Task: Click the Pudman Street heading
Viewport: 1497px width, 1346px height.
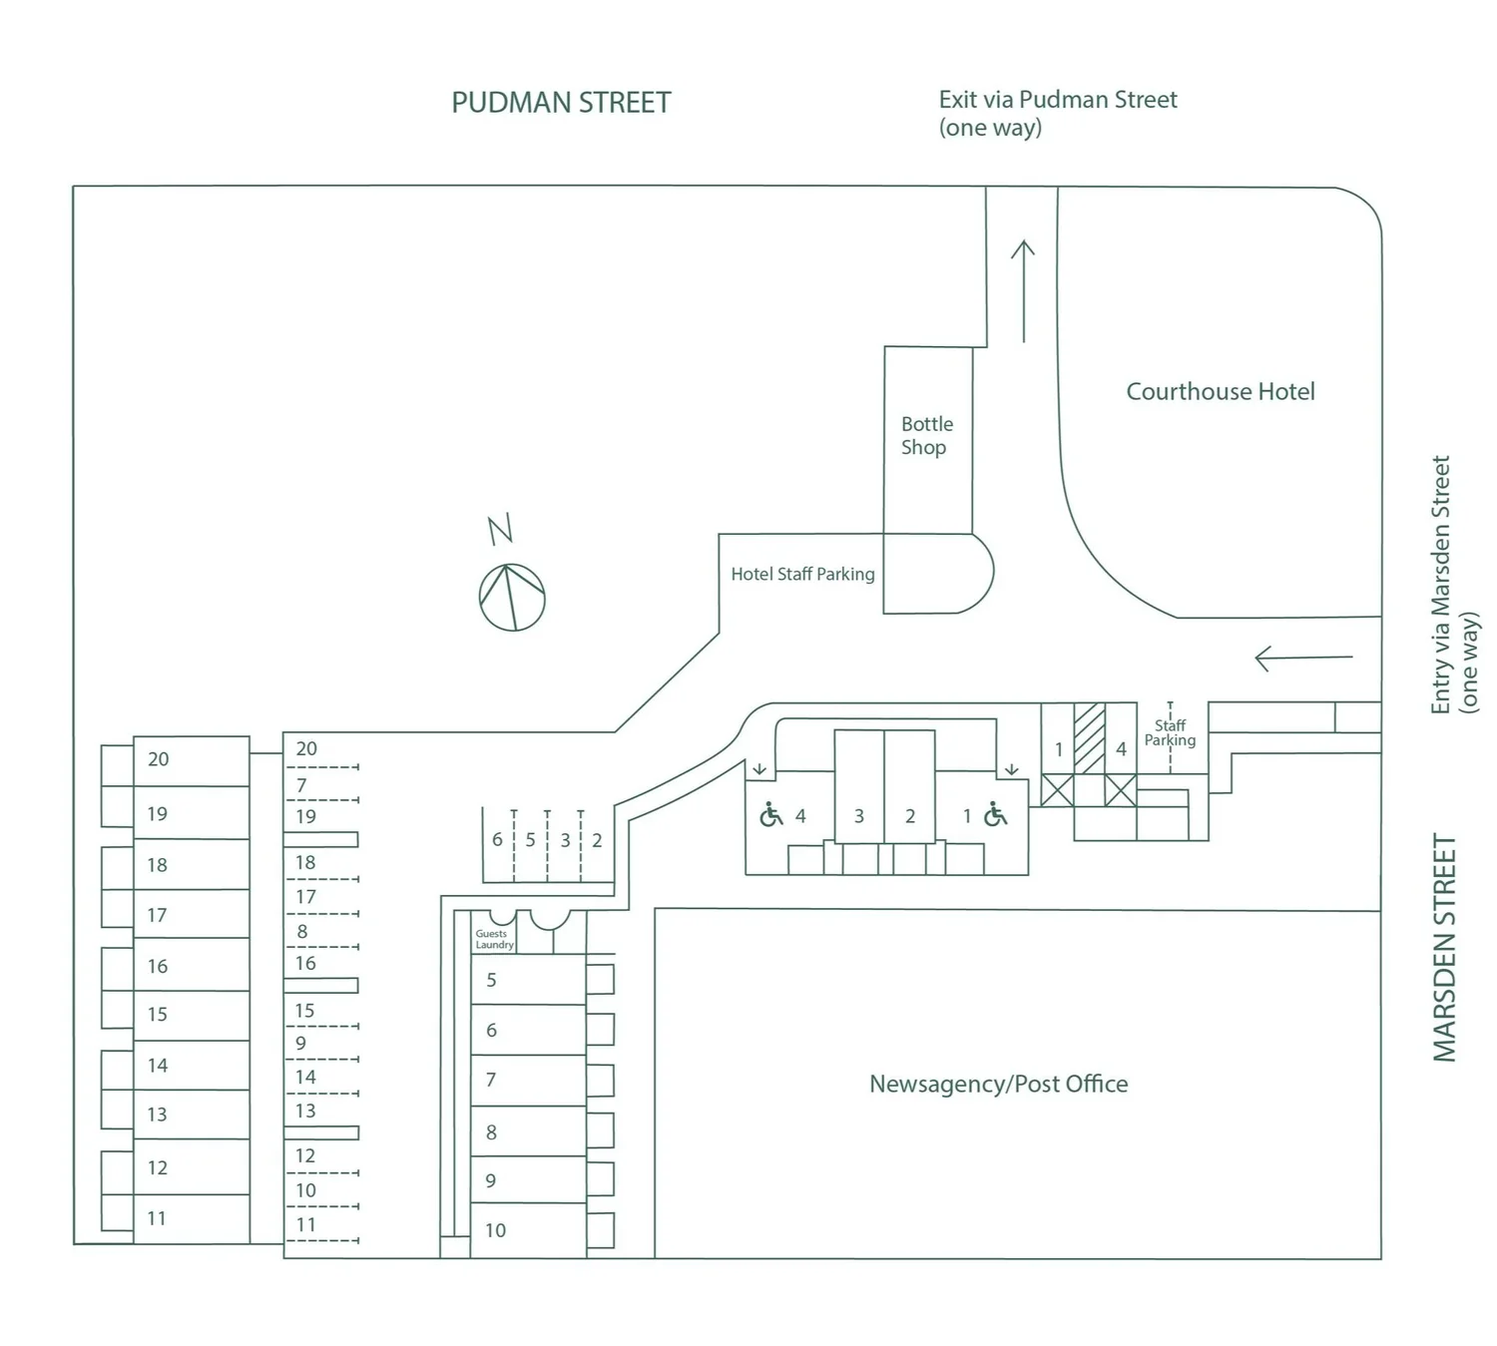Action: [x=561, y=103]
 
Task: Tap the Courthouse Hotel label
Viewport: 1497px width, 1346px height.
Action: [x=1220, y=392]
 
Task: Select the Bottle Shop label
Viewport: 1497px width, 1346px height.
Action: [x=926, y=436]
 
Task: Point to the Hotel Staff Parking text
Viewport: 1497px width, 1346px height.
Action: [x=802, y=575]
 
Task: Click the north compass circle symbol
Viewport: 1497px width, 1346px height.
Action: [x=512, y=598]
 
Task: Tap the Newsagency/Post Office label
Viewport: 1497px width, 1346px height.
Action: [x=998, y=1085]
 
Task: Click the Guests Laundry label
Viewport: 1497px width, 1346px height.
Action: [x=493, y=940]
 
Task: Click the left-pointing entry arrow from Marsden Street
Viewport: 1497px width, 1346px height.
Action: [x=1303, y=658]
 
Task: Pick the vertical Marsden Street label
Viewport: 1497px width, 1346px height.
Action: [x=1444, y=948]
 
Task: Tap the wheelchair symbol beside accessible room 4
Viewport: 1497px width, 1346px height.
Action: [x=771, y=815]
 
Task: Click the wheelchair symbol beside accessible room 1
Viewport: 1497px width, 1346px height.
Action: [x=995, y=815]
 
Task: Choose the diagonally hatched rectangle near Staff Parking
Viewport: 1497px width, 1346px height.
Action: [x=1089, y=738]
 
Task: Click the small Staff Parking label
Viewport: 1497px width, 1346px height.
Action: [x=1170, y=733]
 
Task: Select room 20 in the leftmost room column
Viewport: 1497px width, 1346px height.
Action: [x=190, y=760]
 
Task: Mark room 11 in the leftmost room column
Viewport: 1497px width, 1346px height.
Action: [x=190, y=1219]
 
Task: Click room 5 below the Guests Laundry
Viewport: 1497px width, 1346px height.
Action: [x=527, y=981]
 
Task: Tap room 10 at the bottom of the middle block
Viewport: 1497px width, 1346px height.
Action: [x=527, y=1231]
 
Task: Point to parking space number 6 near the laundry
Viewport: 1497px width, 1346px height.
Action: [x=497, y=840]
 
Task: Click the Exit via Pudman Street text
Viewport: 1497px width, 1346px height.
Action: [x=1057, y=113]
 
